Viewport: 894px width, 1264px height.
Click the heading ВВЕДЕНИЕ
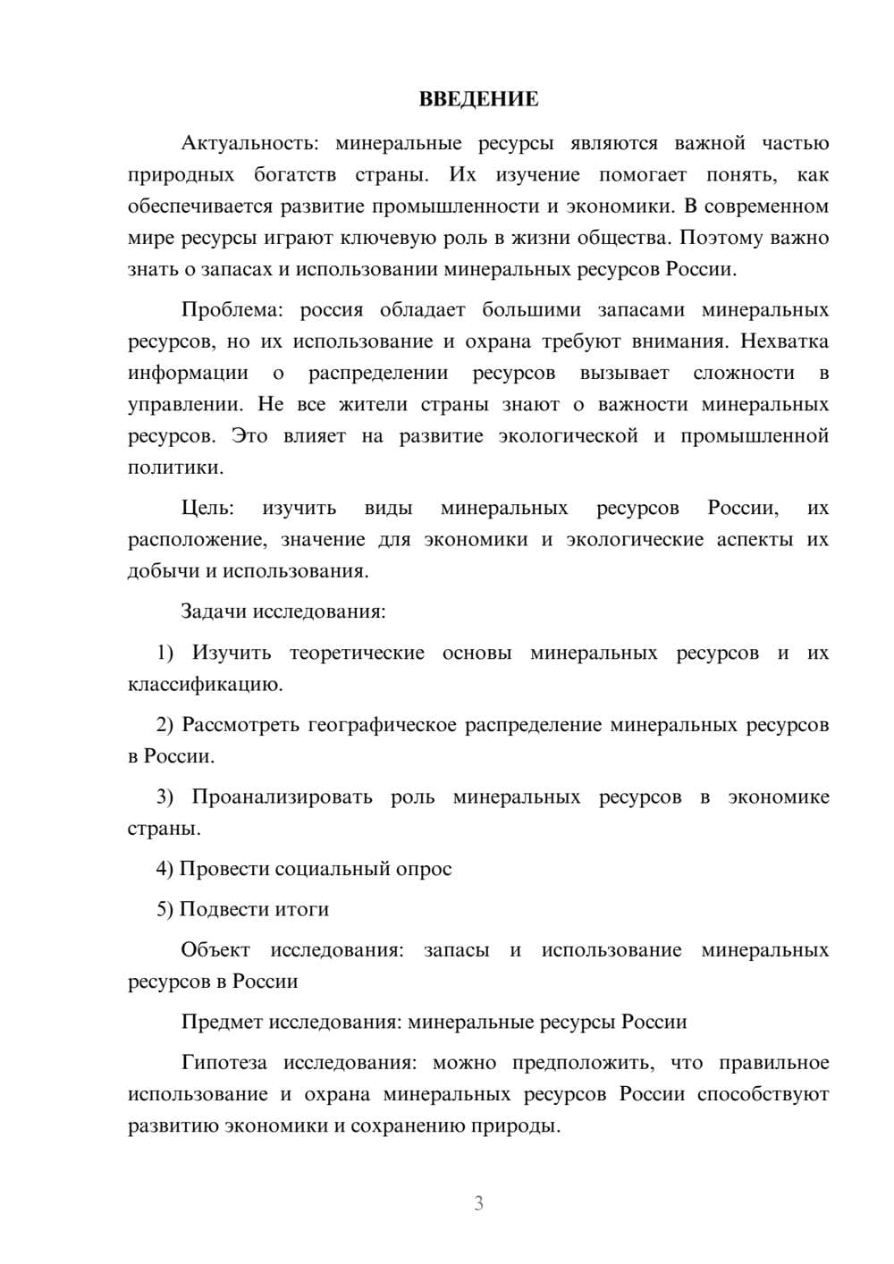click(478, 99)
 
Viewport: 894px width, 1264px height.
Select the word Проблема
click(232, 310)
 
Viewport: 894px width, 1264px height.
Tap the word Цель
click(207, 508)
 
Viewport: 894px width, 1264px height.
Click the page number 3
click(478, 1203)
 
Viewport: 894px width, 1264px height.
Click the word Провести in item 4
click(223, 869)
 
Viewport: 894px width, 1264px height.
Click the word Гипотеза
click(223, 1063)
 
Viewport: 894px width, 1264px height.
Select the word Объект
click(215, 950)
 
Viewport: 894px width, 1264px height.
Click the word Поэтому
click(721, 238)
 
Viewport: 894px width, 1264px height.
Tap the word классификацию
click(205, 685)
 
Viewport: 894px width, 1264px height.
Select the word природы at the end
click(523, 1125)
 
